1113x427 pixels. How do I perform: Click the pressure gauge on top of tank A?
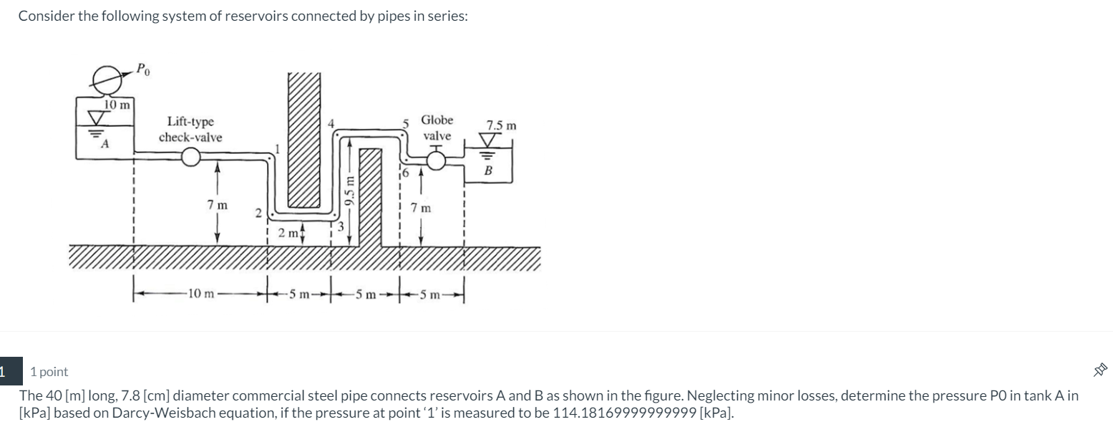107,79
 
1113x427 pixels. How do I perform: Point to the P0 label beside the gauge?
144,70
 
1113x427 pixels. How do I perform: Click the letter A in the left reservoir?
105,144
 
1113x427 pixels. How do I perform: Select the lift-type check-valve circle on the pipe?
190,156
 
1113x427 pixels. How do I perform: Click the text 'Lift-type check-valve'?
190,130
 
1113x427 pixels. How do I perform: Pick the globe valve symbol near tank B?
437,162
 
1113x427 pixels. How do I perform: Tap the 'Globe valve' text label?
437,128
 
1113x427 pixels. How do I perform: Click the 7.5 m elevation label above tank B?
501,125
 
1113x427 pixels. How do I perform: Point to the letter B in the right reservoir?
489,171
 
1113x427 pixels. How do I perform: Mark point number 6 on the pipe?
404,173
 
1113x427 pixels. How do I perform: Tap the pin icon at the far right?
1100,370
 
